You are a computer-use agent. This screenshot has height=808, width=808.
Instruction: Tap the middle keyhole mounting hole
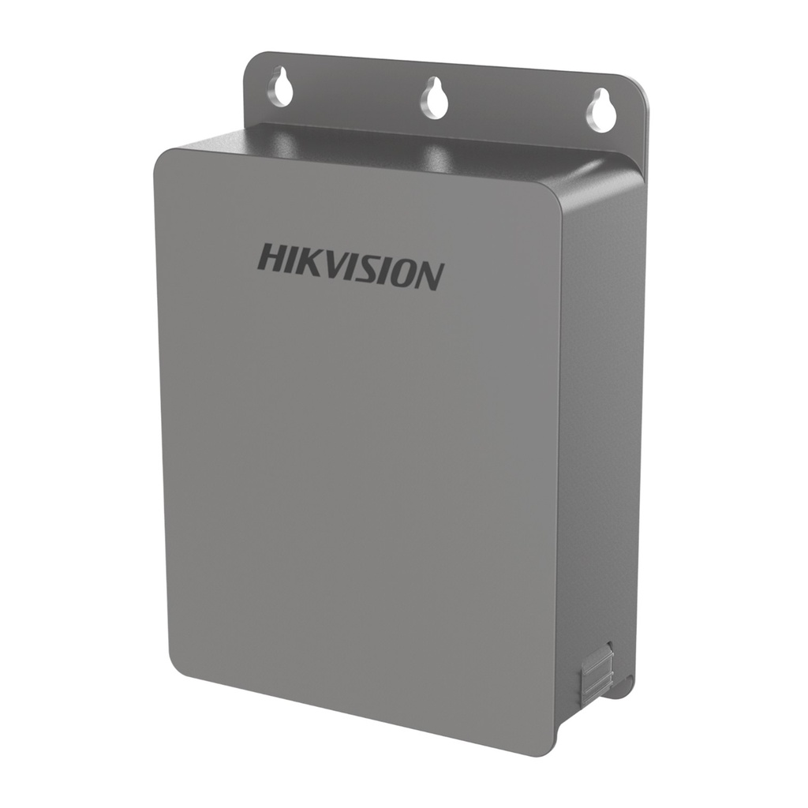[x=434, y=99]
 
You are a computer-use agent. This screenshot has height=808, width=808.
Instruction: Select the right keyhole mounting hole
[x=600, y=110]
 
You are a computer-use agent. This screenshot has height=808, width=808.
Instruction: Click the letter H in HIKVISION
[x=272, y=258]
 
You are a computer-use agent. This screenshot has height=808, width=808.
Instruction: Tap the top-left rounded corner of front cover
[x=162, y=157]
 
